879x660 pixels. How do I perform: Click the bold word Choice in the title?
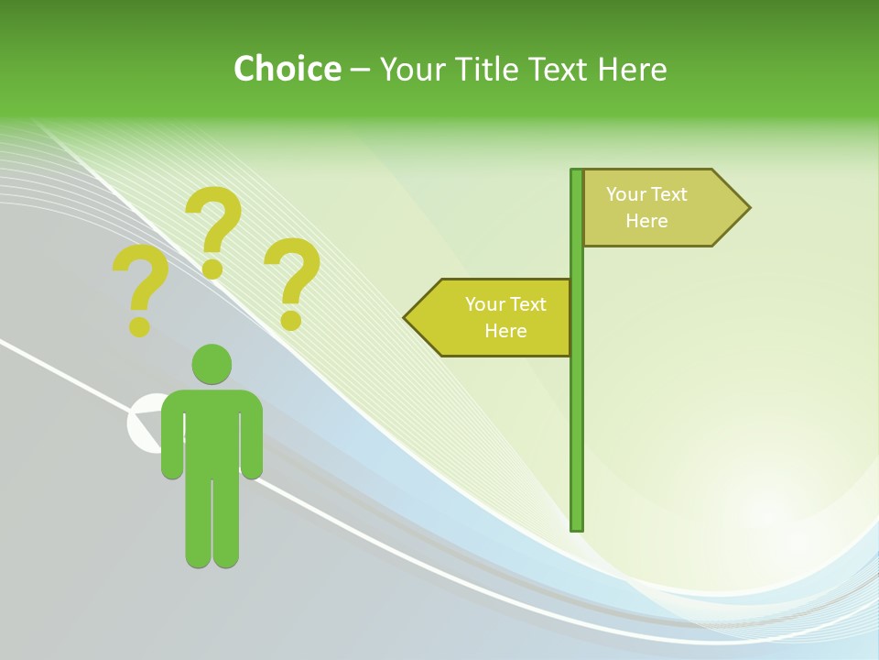pos(287,69)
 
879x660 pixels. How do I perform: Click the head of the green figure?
pos(212,364)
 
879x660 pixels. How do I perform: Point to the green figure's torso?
pos(212,431)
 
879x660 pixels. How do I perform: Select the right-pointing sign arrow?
pos(659,207)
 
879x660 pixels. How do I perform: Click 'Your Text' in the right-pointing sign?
pos(646,194)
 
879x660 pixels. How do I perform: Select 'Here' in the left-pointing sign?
pos(505,331)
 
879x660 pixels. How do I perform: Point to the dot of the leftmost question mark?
pos(139,325)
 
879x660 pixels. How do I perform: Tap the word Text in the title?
pos(558,69)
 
